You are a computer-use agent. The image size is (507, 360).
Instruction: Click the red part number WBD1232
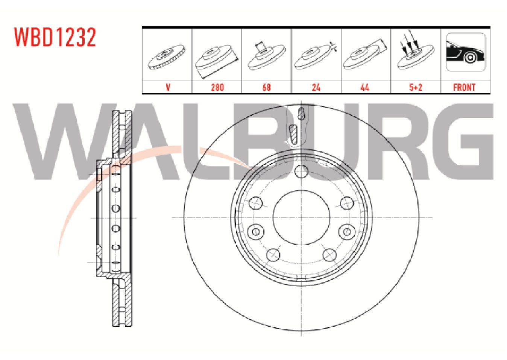[55, 37]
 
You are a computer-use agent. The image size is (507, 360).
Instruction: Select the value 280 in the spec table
[217, 87]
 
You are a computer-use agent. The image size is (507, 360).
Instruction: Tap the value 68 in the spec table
[266, 87]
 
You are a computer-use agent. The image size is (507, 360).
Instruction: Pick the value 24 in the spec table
[316, 87]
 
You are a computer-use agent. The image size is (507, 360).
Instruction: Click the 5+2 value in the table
[416, 87]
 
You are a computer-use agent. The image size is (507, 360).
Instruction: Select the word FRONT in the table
[464, 87]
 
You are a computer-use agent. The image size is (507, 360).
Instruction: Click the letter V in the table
[168, 87]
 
